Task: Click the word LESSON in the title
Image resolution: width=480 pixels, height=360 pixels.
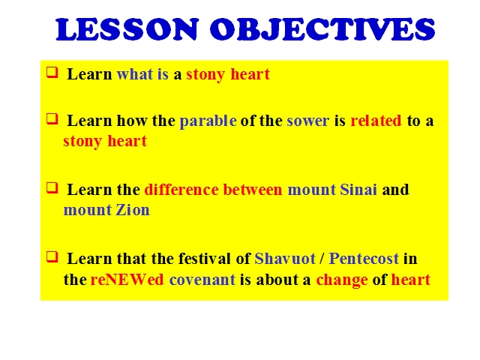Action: point(127,29)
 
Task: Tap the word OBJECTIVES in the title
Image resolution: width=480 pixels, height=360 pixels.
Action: point(322,29)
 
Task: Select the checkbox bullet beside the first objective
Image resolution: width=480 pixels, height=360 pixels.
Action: point(52,73)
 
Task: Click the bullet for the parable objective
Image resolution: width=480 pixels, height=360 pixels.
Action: point(52,118)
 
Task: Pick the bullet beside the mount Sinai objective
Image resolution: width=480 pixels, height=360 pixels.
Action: point(52,187)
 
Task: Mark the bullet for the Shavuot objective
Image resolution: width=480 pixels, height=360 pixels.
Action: point(52,256)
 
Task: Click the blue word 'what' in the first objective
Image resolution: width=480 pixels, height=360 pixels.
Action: point(135,74)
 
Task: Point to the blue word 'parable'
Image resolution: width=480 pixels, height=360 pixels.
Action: point(208,121)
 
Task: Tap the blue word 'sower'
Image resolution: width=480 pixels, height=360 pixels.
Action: point(308,121)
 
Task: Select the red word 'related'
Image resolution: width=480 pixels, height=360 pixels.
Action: point(376,121)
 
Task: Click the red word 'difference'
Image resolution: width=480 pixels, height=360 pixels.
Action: point(181,190)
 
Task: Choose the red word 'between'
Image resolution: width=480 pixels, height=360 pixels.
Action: point(253,190)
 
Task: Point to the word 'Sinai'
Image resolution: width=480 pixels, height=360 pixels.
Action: point(358,190)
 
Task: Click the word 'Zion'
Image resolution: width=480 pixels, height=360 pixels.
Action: point(133,210)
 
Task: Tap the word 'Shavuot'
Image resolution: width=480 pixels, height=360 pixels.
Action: point(285,259)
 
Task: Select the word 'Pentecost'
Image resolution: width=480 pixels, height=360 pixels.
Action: point(364,259)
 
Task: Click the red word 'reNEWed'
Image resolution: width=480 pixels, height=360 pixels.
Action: point(127,280)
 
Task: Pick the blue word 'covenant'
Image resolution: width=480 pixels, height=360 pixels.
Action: point(202,280)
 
